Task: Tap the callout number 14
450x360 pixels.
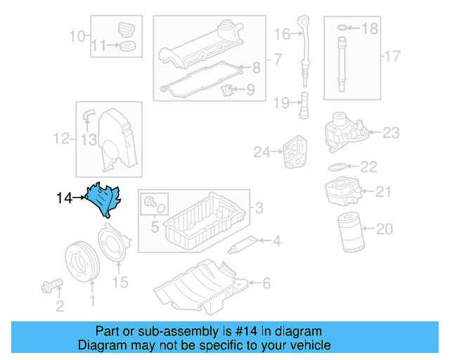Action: coord(64,199)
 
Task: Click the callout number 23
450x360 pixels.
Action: coord(391,131)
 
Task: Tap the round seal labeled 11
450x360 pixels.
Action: coord(128,47)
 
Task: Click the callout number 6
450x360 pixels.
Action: coord(266,284)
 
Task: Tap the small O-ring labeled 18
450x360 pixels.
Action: coord(342,29)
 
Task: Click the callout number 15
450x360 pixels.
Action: coord(121,283)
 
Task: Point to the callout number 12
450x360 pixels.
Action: coord(61,139)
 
